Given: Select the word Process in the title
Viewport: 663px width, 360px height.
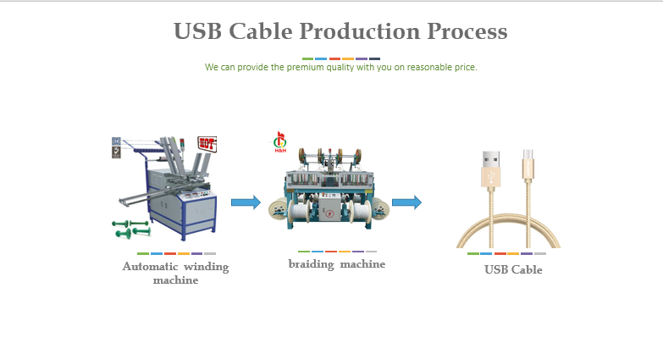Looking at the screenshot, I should (467, 31).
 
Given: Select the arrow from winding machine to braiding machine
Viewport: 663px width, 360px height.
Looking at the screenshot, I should (246, 202).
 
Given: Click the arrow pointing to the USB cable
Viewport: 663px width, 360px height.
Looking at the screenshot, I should (406, 202).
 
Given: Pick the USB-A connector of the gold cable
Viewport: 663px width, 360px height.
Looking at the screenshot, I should (490, 166).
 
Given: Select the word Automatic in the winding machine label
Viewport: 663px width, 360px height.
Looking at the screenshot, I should (150, 267).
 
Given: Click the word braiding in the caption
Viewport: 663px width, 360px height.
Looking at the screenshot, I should (310, 264).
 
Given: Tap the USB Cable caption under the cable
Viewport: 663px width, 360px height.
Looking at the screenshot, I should (513, 270).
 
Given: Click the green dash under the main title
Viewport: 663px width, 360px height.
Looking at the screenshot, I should (307, 58).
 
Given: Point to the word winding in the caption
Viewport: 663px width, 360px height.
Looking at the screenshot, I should (206, 267).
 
